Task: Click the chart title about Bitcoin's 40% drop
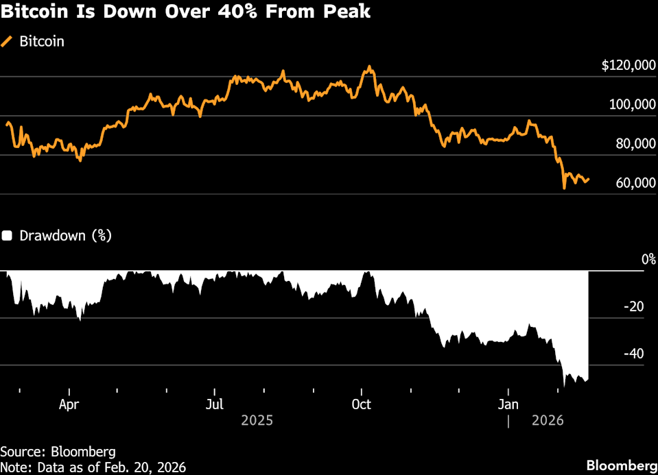[186, 12]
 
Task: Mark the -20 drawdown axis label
[635, 307]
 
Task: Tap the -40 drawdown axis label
[635, 354]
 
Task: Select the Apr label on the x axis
[69, 404]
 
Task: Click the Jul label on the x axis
[215, 404]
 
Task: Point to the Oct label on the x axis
[361, 404]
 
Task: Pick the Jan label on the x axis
[508, 404]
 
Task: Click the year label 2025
[257, 420]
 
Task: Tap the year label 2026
[548, 420]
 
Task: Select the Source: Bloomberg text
[58, 452]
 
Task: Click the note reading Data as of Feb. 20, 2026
[93, 467]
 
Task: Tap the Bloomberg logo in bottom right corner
[620, 465]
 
